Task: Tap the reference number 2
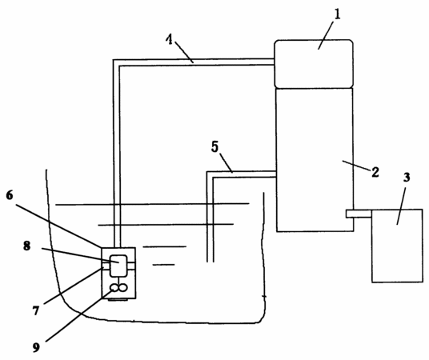pyautogui.click(x=375, y=172)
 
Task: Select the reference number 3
pyautogui.click(x=407, y=178)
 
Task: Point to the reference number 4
pyautogui.click(x=170, y=40)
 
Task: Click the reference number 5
pyautogui.click(x=215, y=147)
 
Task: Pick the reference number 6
pyautogui.click(x=10, y=195)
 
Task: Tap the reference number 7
pyautogui.click(x=36, y=310)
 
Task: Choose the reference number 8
pyautogui.click(x=26, y=246)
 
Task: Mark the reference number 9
pyautogui.click(x=36, y=347)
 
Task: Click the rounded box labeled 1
pyautogui.click(x=314, y=64)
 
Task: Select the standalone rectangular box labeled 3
pyautogui.click(x=397, y=246)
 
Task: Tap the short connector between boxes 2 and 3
pyautogui.click(x=359, y=214)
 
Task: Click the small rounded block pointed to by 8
pyautogui.click(x=118, y=266)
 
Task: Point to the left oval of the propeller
pyautogui.click(x=114, y=287)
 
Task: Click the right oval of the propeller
pyautogui.click(x=122, y=287)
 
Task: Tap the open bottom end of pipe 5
pyautogui.click(x=210, y=262)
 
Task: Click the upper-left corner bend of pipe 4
pyautogui.click(x=116, y=62)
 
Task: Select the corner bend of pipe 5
pyautogui.click(x=210, y=174)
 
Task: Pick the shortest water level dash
pyautogui.click(x=163, y=265)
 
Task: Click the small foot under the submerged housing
pyautogui.click(x=118, y=300)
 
